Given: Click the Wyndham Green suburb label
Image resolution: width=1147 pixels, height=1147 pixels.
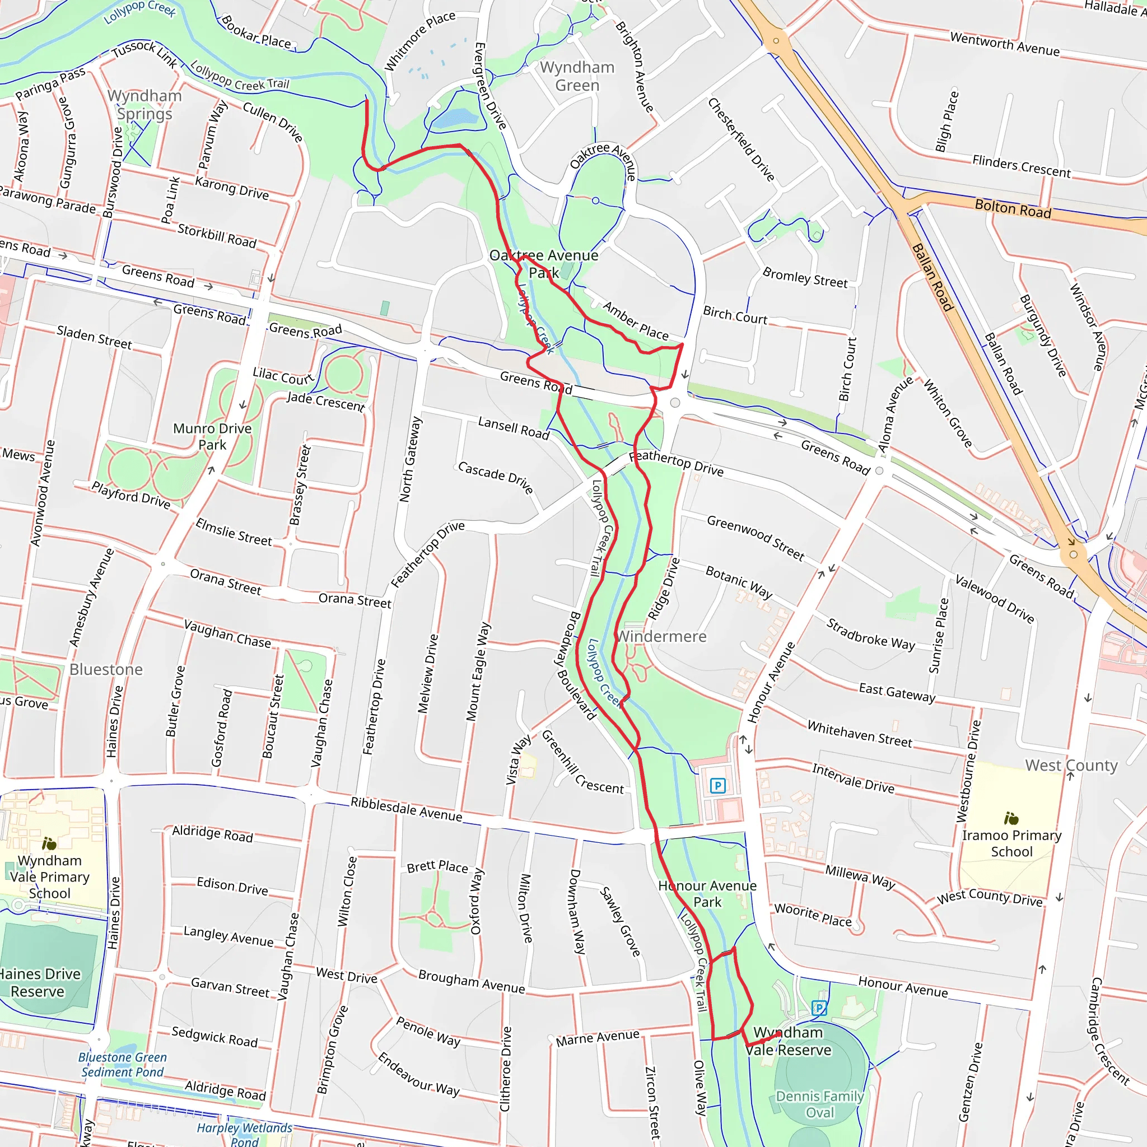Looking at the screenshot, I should click(x=577, y=76).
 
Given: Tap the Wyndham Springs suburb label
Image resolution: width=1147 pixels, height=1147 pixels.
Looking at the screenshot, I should click(x=144, y=105).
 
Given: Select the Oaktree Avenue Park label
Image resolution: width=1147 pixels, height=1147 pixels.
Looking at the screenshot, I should click(x=543, y=264).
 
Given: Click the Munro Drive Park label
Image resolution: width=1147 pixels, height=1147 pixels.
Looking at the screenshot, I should click(x=212, y=436).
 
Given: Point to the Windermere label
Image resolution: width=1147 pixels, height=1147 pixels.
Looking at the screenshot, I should click(x=662, y=636).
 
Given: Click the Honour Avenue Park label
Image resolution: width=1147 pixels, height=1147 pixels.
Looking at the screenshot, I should click(x=707, y=893).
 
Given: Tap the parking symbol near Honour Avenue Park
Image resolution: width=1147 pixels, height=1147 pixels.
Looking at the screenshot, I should click(x=717, y=786).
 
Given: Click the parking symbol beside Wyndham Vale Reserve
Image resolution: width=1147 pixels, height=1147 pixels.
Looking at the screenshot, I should click(x=819, y=1008).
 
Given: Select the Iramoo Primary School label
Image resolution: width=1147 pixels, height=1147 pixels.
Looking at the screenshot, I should click(x=1011, y=843).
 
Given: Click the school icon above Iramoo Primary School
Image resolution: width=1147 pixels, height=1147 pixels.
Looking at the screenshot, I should click(x=1011, y=819).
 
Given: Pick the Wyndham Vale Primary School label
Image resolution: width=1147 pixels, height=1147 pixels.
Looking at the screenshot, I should click(x=50, y=876).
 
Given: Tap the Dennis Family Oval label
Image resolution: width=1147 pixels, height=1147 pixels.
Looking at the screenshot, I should click(x=819, y=1104).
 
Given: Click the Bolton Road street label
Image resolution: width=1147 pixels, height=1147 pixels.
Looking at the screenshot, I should click(x=1013, y=208).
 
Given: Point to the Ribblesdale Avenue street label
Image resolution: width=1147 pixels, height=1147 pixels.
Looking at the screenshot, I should click(x=406, y=809).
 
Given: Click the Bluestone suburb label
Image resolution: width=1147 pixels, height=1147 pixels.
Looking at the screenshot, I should click(x=106, y=670).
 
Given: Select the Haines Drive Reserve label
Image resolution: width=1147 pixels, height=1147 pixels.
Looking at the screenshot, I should click(x=39, y=982).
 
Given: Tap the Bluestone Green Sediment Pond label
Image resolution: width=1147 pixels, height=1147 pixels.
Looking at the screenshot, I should click(x=122, y=1065).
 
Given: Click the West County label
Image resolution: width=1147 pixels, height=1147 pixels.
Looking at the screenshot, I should click(x=1071, y=765).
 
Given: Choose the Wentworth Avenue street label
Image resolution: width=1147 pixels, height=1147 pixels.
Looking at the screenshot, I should click(x=1005, y=44).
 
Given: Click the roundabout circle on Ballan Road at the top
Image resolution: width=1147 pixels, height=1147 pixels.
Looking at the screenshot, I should click(x=775, y=41).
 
